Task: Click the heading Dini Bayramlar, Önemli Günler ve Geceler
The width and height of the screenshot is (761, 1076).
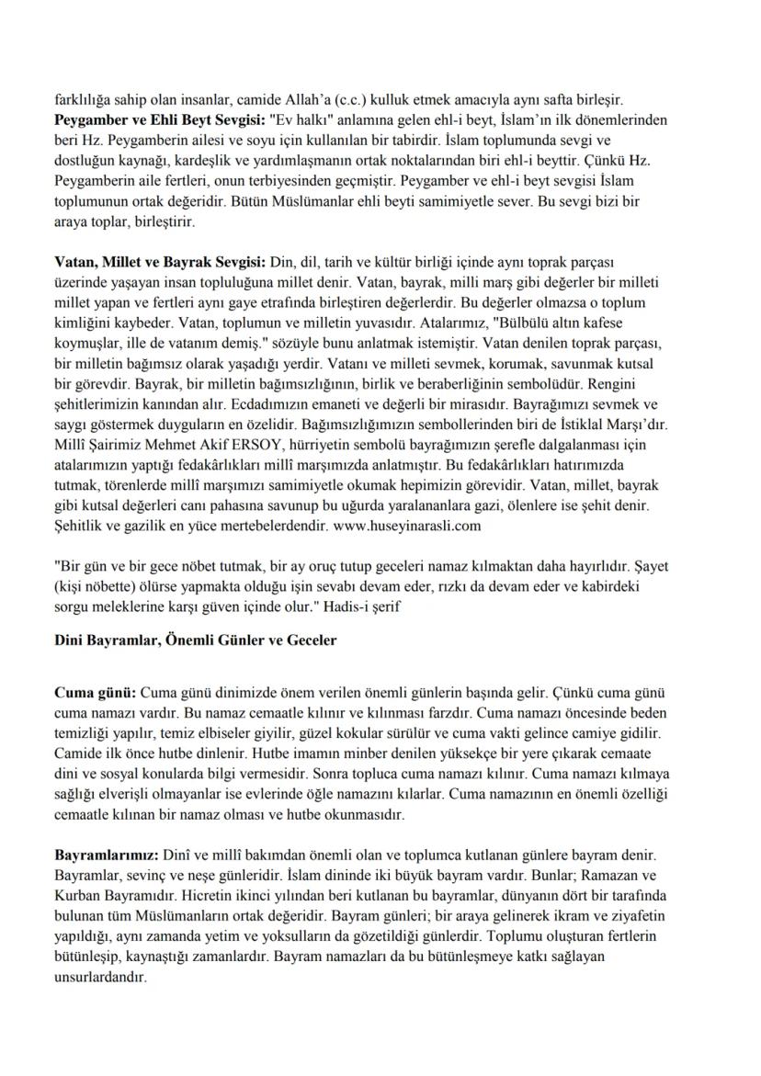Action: coord(195,640)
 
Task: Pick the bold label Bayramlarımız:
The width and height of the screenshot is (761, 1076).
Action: coord(107,855)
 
